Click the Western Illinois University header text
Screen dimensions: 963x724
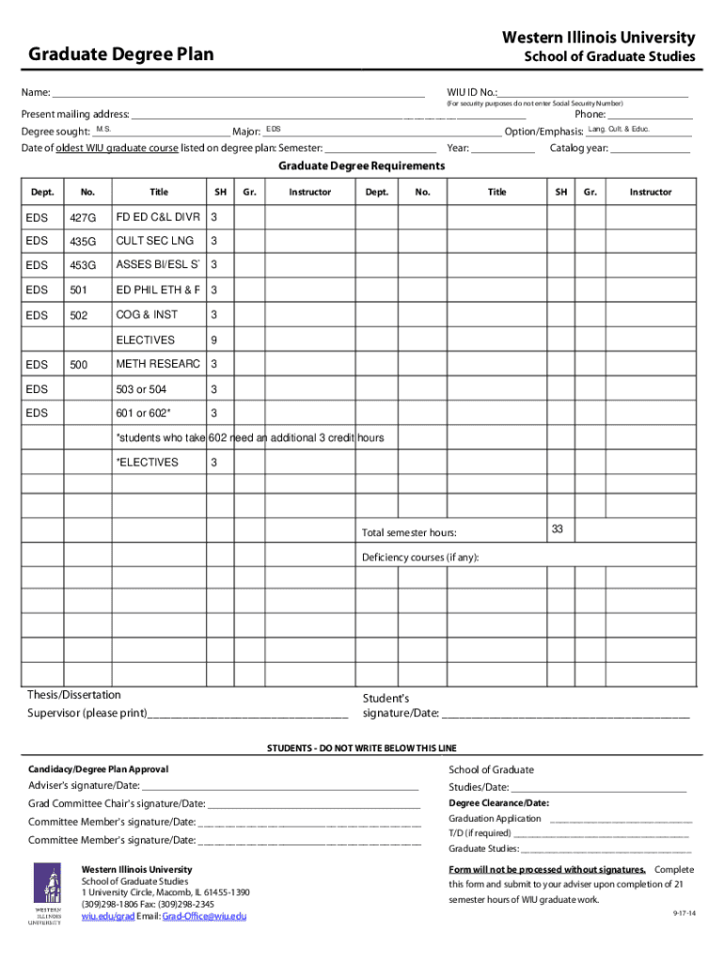(x=598, y=38)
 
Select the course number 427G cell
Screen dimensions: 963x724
(x=83, y=219)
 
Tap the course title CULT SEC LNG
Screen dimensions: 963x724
(x=154, y=241)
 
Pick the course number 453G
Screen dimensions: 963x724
(x=83, y=266)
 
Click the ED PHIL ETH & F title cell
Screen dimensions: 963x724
(x=158, y=290)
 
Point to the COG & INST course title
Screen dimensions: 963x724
(x=147, y=314)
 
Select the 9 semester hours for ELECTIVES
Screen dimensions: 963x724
(x=215, y=340)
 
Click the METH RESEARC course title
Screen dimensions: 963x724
(x=158, y=364)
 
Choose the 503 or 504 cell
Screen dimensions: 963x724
(x=141, y=389)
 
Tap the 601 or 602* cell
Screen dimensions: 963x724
(x=144, y=414)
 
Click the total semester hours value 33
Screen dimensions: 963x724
(x=557, y=529)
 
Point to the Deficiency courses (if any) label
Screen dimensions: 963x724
(x=420, y=558)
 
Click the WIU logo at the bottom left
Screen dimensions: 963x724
(x=47, y=894)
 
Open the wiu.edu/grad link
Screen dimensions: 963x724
(x=108, y=916)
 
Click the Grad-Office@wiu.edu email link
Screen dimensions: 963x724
(x=204, y=916)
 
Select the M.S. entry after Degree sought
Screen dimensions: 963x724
(x=103, y=129)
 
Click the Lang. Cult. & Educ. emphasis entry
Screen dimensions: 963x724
(x=619, y=129)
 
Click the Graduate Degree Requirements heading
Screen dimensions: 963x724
(x=361, y=166)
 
